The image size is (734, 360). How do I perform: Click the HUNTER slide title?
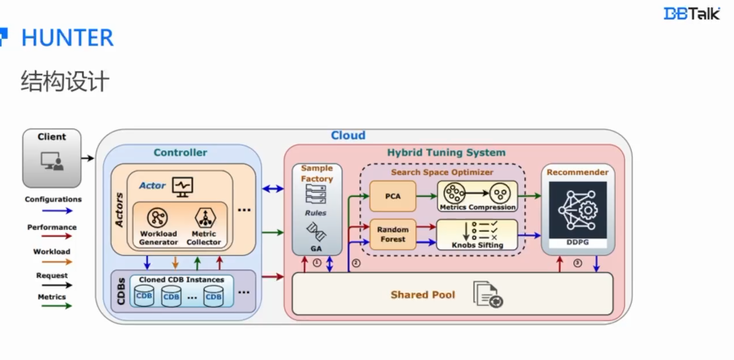click(x=67, y=38)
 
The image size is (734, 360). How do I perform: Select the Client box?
click(x=52, y=156)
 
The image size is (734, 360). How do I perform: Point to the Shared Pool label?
click(x=422, y=295)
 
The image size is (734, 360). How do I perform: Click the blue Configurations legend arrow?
click(x=52, y=212)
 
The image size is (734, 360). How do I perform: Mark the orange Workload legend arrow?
click(x=52, y=262)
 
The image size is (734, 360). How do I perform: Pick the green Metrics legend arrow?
click(x=52, y=308)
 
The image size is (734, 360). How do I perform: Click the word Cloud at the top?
click(x=348, y=135)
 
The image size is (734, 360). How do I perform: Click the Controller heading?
click(x=180, y=153)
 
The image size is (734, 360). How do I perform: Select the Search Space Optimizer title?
click(x=441, y=172)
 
